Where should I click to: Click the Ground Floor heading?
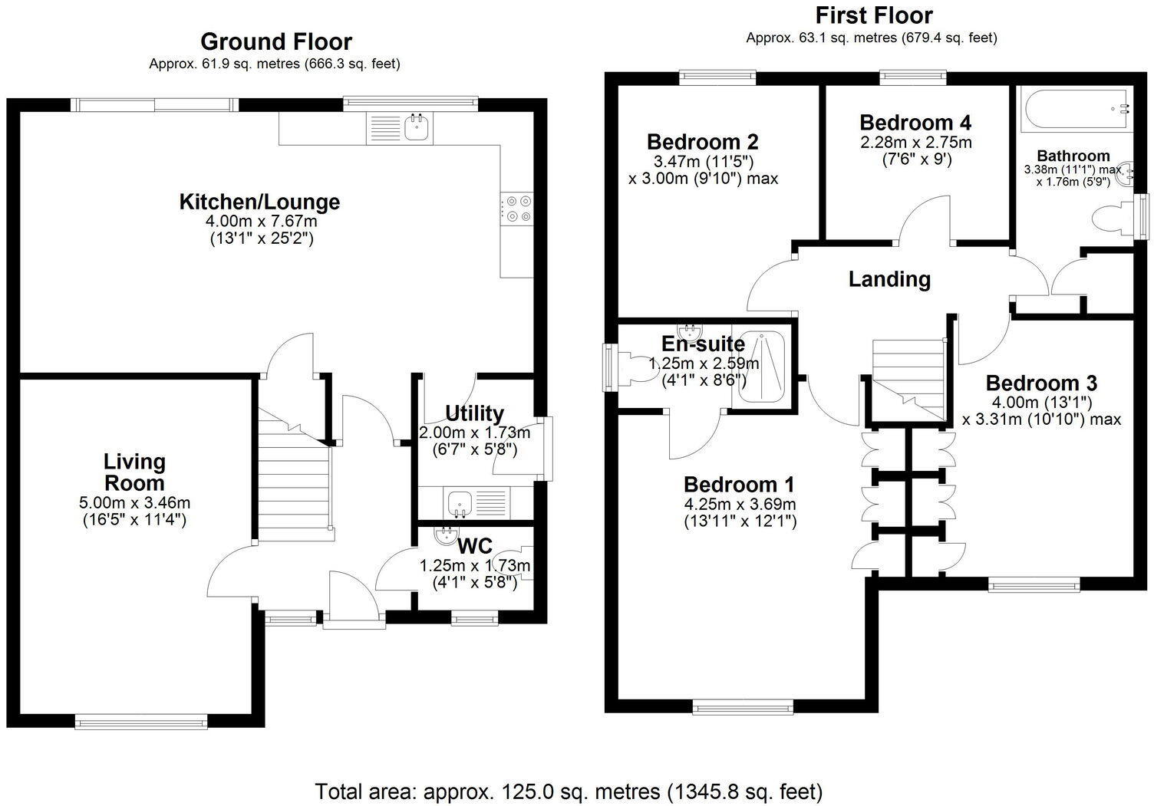point(275,41)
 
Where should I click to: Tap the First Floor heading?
point(873,15)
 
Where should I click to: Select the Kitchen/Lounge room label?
point(259,202)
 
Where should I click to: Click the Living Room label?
point(134,472)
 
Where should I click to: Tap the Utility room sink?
point(460,503)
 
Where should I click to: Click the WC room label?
point(474,547)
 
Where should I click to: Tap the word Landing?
point(889,279)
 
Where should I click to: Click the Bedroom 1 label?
point(738,485)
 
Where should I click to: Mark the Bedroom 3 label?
point(1040,383)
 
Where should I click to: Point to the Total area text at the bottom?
point(569,791)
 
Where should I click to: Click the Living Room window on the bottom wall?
point(141,720)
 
